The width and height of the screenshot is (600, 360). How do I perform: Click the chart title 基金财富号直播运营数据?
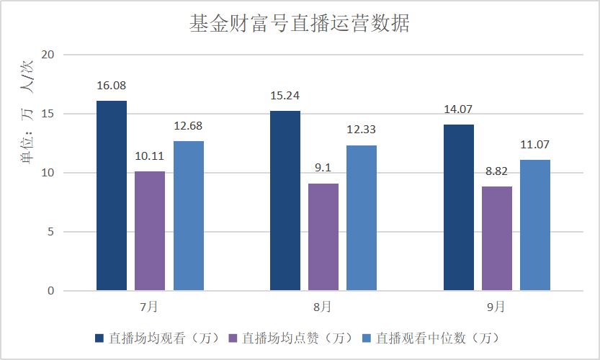(299, 24)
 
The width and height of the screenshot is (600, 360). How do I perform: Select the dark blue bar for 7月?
(111, 196)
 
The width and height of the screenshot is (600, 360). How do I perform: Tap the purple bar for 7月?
(150, 231)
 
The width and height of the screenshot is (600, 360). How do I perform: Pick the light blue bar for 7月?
(189, 216)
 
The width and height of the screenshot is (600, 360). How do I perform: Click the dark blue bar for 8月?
(285, 201)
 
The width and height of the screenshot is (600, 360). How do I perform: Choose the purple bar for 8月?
(323, 237)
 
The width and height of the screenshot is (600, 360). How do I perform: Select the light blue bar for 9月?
(535, 225)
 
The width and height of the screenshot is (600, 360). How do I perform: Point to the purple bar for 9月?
(497, 238)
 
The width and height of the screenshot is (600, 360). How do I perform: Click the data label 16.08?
(111, 86)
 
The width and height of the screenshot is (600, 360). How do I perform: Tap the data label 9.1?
(323, 168)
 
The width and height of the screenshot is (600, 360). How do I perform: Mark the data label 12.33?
(362, 130)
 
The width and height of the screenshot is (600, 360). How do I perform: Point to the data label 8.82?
(497, 172)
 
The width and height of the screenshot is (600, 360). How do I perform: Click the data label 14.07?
(459, 109)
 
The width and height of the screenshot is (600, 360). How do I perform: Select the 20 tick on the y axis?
(48, 55)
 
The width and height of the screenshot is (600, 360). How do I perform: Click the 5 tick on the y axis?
(51, 232)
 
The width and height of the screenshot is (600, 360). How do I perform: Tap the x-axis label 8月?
(323, 307)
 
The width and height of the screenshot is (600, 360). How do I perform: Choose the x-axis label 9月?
(496, 307)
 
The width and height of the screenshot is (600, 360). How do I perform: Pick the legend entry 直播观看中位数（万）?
(429, 338)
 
